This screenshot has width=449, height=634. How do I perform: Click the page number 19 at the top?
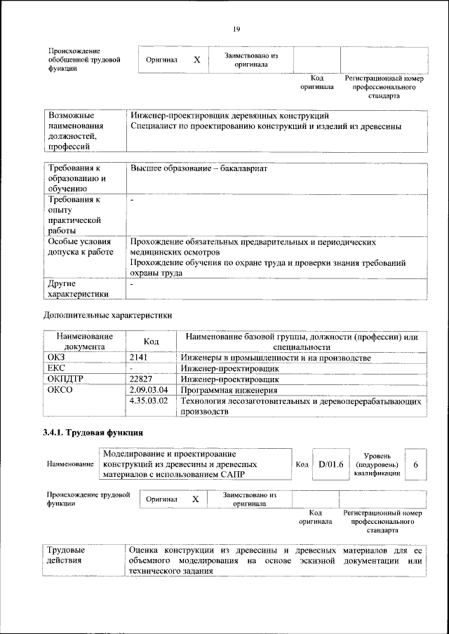point(236,29)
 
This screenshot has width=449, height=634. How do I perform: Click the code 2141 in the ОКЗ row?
point(140,358)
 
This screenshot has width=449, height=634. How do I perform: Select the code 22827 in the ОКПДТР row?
point(143,379)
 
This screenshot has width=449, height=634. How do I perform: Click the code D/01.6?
point(330,464)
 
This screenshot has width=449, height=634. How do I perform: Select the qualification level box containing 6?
point(416,465)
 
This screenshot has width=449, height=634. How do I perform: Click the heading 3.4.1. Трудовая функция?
point(94,431)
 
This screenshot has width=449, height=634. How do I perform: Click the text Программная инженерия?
point(229,391)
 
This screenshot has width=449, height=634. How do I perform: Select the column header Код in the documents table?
point(151,341)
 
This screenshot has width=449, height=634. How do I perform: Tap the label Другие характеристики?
point(78,289)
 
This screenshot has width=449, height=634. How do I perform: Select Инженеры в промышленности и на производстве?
point(275,358)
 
